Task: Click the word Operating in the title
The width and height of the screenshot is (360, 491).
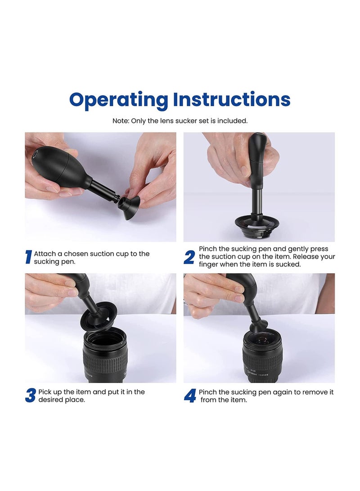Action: click(118, 100)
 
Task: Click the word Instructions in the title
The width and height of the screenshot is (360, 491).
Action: click(232, 99)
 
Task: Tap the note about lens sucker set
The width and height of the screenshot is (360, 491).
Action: click(180, 121)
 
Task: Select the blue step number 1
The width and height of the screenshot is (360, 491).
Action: click(28, 257)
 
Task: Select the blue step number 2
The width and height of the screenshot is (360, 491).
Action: click(189, 257)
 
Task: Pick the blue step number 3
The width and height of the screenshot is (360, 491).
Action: click(30, 396)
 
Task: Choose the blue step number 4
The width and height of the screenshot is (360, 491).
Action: click(189, 396)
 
